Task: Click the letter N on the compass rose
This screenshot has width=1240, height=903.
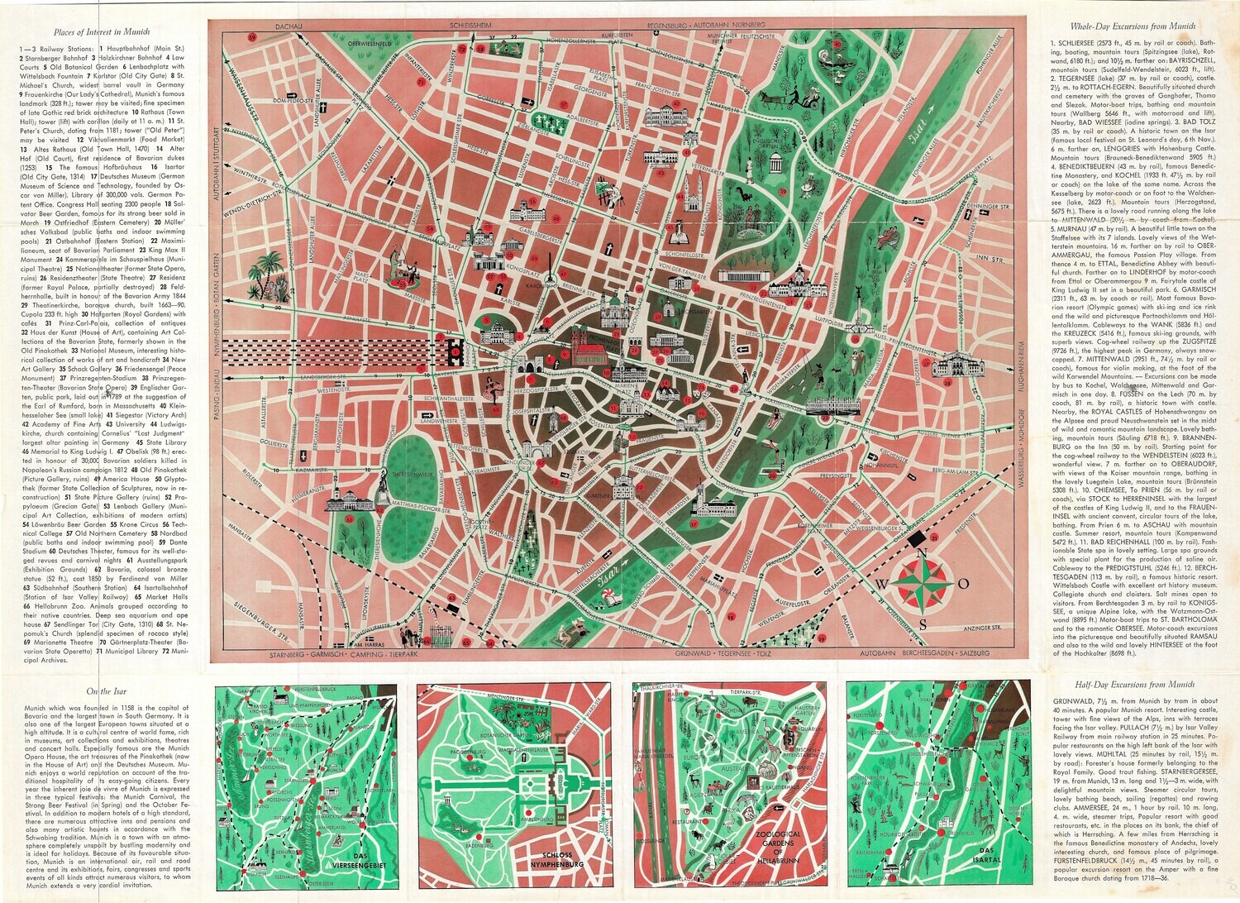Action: [924, 555]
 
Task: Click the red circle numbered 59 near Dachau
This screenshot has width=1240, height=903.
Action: [231, 38]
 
